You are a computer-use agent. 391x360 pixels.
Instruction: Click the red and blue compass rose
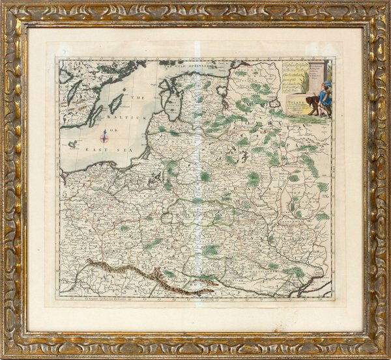pos(104,137)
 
